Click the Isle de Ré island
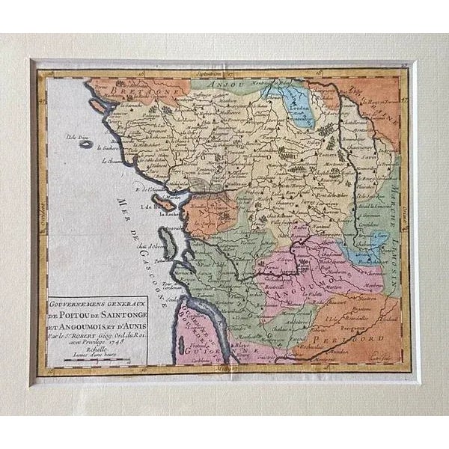(x=165, y=203)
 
